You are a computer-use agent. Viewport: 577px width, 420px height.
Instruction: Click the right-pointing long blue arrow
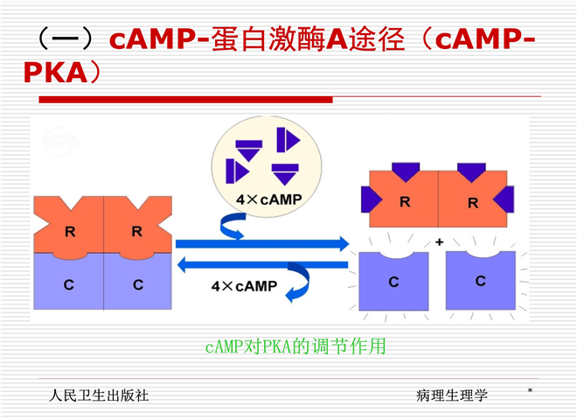[262, 243]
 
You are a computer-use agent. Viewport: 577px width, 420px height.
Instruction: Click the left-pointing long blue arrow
[263, 264]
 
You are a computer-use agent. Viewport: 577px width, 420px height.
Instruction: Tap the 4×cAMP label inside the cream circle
[269, 199]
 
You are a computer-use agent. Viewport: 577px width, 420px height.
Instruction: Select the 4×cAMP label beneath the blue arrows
[244, 286]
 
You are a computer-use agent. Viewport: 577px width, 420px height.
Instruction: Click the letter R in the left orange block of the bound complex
[70, 232]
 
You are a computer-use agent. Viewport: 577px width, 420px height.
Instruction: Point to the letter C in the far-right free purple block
[480, 281]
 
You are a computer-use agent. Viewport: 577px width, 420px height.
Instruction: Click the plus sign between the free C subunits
[439, 242]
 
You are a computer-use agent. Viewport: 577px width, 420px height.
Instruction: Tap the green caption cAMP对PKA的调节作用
[295, 346]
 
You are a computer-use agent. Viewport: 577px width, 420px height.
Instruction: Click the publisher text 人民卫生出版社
[99, 395]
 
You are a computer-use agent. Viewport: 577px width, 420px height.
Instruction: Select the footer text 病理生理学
[451, 395]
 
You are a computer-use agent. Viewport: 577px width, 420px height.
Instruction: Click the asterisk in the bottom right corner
[530, 390]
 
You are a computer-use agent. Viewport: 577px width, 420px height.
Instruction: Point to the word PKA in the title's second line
[56, 73]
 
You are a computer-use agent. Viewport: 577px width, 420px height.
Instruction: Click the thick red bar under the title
[186, 100]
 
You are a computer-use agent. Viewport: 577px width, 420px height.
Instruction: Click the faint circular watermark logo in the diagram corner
[60, 142]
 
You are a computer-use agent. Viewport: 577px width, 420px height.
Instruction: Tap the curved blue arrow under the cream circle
[233, 227]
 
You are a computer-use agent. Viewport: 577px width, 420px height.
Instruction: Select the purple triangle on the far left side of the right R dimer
[371, 199]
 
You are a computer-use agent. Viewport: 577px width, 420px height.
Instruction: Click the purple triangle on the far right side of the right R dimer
[504, 199]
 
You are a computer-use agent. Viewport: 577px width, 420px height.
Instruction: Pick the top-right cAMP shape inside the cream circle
[288, 140]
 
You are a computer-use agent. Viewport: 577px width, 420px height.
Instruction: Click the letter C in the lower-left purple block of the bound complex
[69, 284]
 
